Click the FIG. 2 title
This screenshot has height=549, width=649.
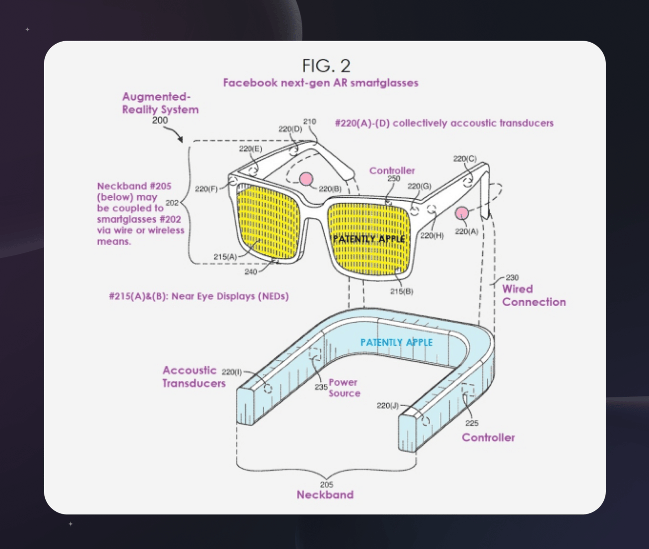tap(326, 66)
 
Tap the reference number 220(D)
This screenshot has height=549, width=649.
tap(290, 129)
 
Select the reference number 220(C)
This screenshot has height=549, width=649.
tap(465, 159)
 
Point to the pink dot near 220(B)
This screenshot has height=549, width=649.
tap(306, 179)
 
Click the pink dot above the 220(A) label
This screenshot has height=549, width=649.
tap(462, 213)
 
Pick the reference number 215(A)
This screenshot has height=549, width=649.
tap(225, 257)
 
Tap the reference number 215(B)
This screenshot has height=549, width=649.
tap(401, 291)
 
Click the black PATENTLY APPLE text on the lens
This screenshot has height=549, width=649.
tap(369, 238)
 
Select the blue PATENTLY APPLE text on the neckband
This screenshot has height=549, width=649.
tap(396, 342)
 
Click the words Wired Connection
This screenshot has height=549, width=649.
tap(533, 296)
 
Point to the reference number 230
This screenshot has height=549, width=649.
tap(512, 278)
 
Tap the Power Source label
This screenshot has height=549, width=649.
tap(344, 388)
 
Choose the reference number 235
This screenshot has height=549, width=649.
tap(321, 387)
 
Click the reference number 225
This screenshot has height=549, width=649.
tap(472, 423)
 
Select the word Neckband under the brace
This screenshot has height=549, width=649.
tap(325, 495)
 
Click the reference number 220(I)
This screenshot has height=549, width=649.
tap(232, 372)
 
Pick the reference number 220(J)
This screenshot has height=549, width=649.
tap(387, 405)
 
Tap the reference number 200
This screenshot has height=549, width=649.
tap(160, 120)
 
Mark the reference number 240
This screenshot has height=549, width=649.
tap(251, 272)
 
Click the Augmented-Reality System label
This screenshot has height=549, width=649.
tap(160, 103)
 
